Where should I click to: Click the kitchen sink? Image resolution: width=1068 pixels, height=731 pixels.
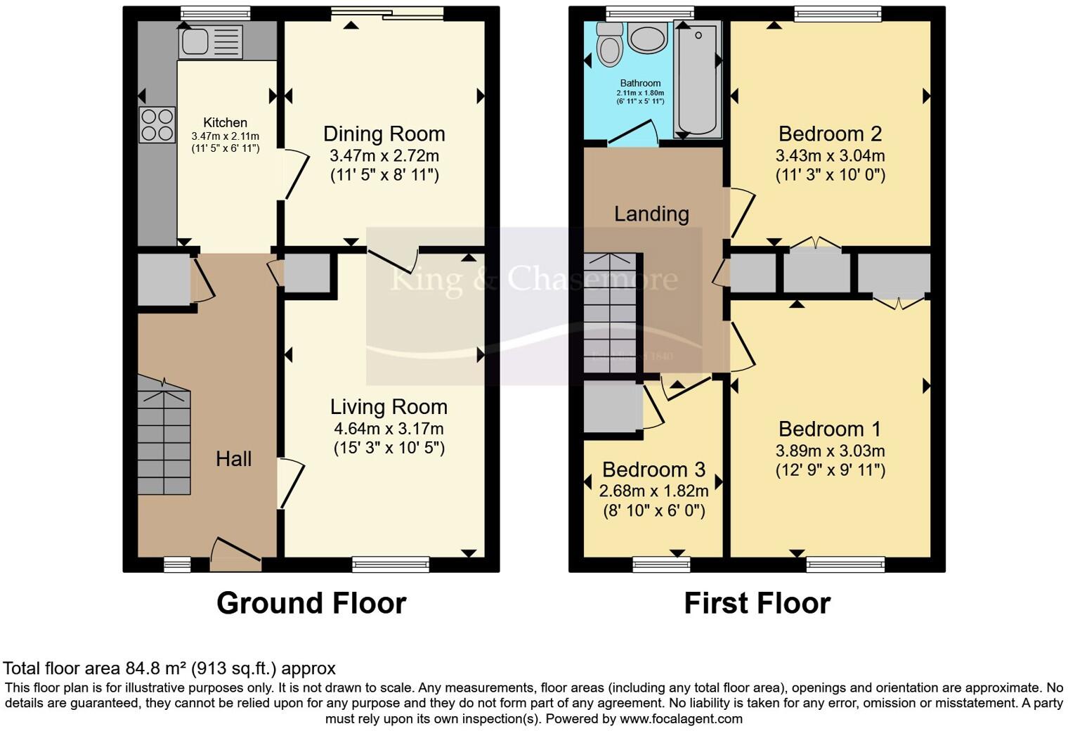point(210,42)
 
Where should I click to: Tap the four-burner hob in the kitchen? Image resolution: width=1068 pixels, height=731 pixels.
point(157,124)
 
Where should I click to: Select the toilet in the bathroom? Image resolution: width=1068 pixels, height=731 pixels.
point(608,46)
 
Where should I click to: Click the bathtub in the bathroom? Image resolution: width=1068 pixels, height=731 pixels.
point(697,79)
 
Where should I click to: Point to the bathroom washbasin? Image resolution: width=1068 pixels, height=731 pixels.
point(648,38)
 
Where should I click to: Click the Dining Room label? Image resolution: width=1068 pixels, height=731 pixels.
point(384,134)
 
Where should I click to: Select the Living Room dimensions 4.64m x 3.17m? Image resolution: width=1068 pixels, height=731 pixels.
point(389,429)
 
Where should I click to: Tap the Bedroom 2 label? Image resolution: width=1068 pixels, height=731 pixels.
point(830,134)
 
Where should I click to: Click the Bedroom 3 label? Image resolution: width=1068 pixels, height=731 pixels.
point(653,470)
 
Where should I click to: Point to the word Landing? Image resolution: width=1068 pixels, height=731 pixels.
point(651,214)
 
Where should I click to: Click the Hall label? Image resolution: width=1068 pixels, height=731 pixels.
point(233,459)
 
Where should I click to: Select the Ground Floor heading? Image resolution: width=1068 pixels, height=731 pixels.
point(311,603)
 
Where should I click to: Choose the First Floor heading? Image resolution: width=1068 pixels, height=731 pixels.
point(757,603)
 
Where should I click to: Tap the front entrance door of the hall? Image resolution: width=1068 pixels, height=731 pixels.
point(235,554)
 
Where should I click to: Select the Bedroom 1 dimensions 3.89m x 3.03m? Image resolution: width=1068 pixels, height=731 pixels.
point(830,451)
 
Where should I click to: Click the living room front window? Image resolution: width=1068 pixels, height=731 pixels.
point(391,564)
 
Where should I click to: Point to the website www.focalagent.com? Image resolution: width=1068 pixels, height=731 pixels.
point(681,719)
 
